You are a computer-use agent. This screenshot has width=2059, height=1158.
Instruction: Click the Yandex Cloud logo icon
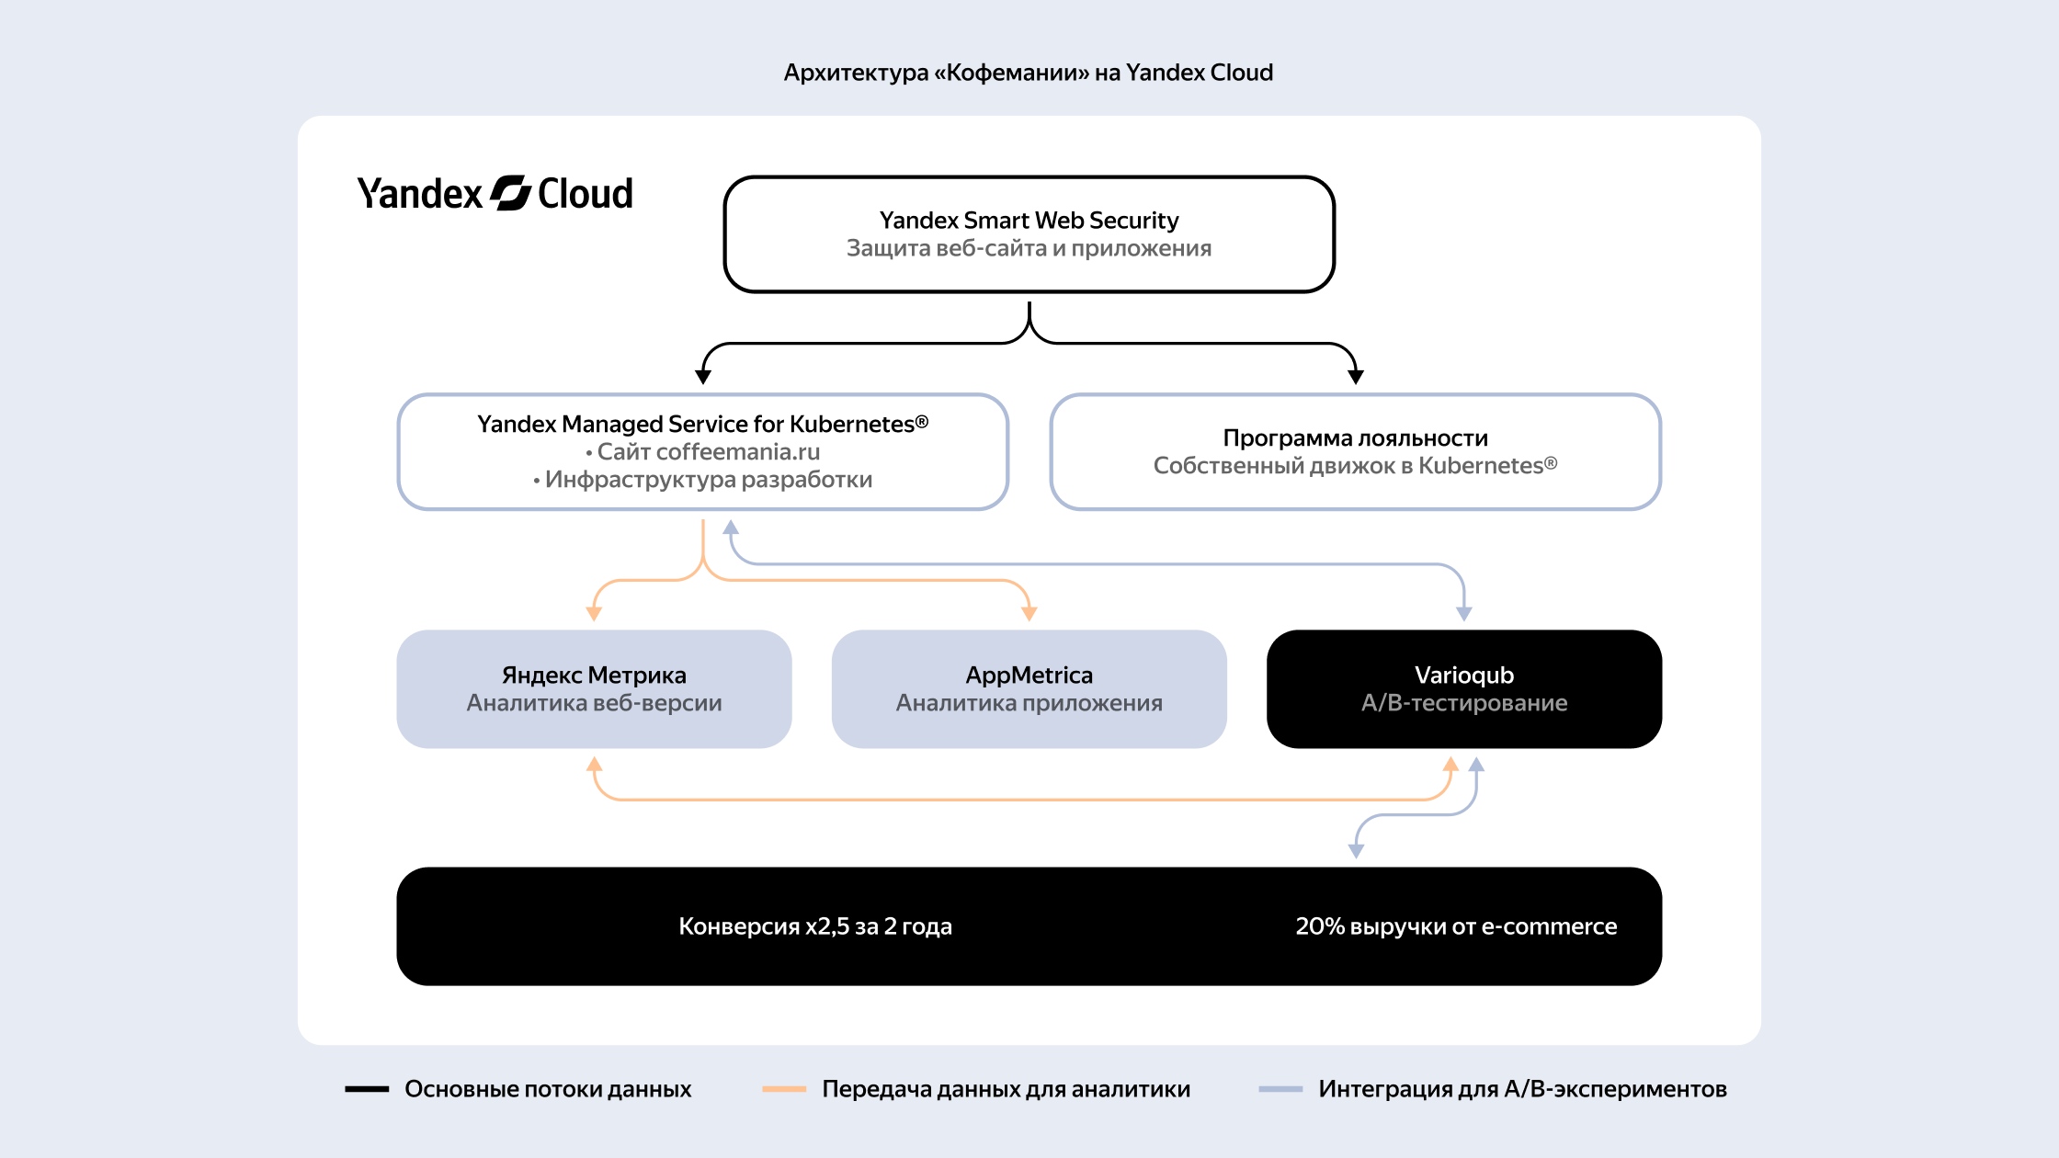[x=510, y=193]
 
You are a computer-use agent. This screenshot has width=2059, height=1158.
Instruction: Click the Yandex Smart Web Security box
[x=1029, y=234]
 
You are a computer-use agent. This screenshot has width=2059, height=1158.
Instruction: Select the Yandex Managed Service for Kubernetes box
[x=703, y=451]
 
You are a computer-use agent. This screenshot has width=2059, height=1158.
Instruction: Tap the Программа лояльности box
[x=1355, y=451]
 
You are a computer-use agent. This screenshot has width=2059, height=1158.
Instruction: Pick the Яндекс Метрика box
[x=594, y=688]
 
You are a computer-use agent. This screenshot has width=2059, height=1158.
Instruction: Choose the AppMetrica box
[x=1029, y=688]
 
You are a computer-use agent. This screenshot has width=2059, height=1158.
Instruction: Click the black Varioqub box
[x=1463, y=688]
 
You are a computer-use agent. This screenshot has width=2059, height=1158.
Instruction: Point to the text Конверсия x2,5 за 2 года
[x=815, y=926]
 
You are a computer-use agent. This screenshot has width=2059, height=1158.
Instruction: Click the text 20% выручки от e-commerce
[x=1456, y=926]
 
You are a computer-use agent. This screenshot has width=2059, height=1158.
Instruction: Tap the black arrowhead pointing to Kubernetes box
[x=703, y=376]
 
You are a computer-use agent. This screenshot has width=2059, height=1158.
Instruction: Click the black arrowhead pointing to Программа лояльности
[x=1355, y=376]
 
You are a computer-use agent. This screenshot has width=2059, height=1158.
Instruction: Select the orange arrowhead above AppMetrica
[x=1029, y=613]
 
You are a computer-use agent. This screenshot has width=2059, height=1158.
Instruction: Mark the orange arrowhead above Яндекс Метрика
[x=594, y=613]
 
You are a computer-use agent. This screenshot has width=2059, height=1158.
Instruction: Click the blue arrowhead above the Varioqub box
[x=1463, y=613]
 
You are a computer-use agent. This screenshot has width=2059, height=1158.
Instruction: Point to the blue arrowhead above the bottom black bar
[x=1355, y=851]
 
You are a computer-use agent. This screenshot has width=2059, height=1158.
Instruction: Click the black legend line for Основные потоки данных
[x=367, y=1089]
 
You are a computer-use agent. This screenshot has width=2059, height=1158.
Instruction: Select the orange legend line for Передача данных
[x=784, y=1089]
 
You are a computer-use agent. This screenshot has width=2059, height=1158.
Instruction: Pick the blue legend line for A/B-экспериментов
[x=1280, y=1089]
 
